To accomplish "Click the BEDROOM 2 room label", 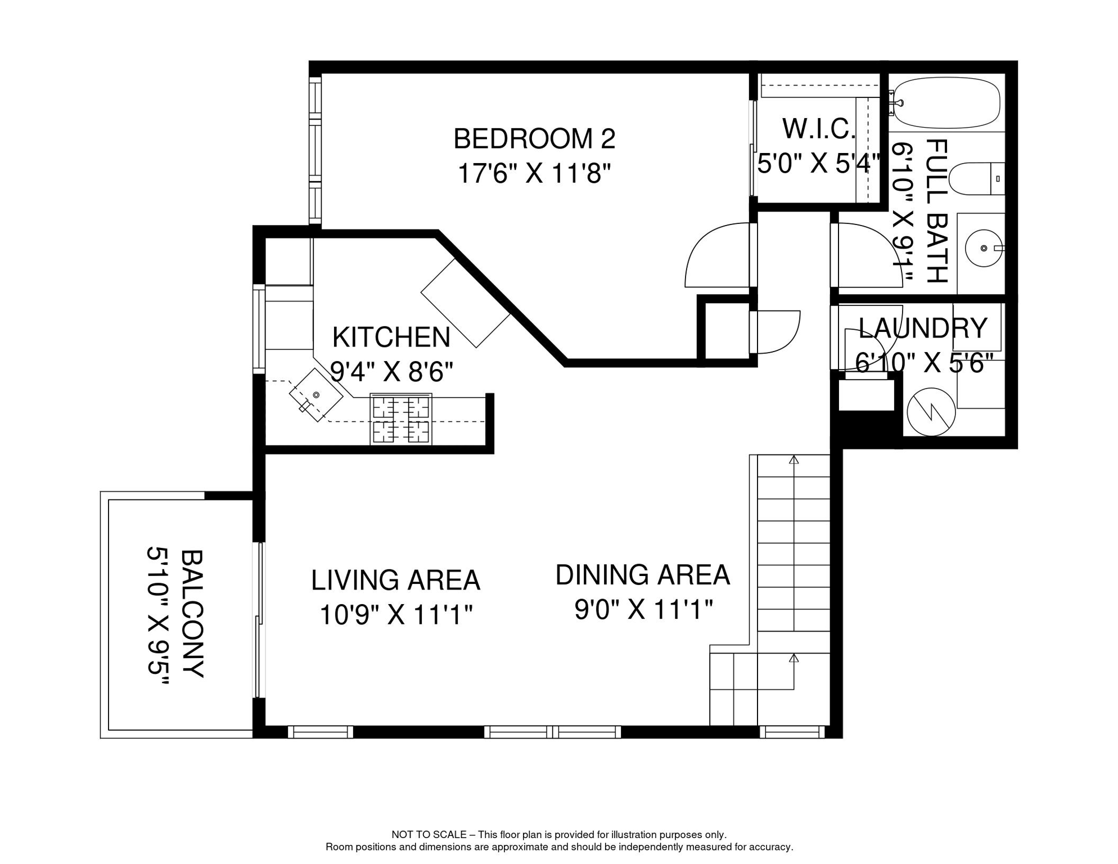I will click(534, 139).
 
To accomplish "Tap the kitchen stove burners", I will click(401, 420).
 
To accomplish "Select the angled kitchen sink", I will click(315, 395).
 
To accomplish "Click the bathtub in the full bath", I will click(947, 103).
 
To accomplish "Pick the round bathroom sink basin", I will click(984, 248).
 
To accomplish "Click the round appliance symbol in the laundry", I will click(931, 412).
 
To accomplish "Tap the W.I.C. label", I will click(819, 129).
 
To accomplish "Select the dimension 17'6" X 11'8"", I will click(534, 173).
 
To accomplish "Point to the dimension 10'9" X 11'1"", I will click(395, 614).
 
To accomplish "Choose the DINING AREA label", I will click(642, 575).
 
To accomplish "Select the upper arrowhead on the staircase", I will click(794, 460).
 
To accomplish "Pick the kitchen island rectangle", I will click(465, 303).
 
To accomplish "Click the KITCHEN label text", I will click(391, 337).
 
